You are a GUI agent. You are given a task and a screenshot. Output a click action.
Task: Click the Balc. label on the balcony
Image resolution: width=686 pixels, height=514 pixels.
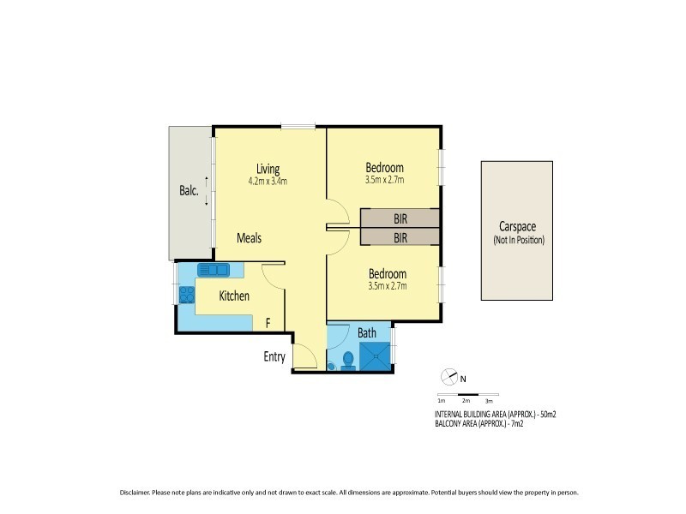189,192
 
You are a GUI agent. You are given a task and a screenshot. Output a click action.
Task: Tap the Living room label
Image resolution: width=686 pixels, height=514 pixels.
268,168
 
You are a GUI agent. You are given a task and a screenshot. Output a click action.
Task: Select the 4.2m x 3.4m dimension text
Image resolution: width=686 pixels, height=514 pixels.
268,181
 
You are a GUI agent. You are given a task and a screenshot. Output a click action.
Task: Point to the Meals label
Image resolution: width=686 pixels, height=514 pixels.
249,238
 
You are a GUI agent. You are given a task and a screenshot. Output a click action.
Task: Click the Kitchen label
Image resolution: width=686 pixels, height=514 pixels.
234,296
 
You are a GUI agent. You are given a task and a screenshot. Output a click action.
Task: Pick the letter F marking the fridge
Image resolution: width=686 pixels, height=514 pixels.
268,323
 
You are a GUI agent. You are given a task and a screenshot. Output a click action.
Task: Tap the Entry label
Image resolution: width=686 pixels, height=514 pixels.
274,357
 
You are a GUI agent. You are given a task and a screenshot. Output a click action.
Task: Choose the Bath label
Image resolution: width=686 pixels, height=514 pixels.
367,332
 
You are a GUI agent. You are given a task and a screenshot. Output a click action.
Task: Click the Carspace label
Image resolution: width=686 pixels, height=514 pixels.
517,228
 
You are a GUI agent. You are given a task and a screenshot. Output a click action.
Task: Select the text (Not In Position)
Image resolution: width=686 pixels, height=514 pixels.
518,241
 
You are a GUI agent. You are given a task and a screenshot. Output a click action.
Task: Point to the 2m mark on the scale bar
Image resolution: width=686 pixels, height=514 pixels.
465,400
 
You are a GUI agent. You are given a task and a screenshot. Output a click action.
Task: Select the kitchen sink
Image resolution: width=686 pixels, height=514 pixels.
214,271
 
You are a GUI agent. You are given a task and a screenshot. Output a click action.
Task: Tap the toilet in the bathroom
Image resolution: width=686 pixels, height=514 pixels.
348,360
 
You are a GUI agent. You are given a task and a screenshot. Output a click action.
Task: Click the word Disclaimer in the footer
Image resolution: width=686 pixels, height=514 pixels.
135,493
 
